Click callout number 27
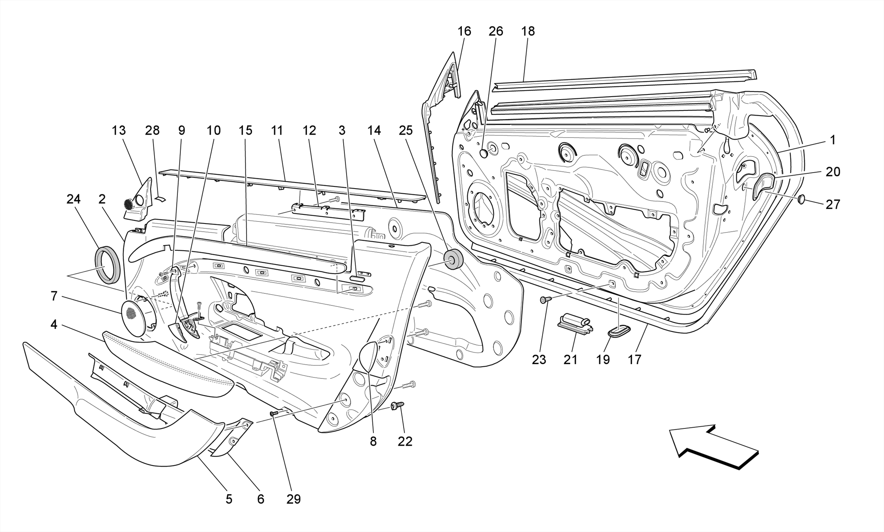(x=833, y=204)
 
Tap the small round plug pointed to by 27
(x=802, y=199)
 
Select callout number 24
(x=73, y=199)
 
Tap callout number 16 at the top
(x=464, y=31)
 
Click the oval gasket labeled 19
(x=619, y=331)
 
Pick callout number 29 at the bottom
(x=294, y=499)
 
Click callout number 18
(x=527, y=31)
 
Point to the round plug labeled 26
(x=484, y=153)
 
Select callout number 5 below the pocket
(x=229, y=499)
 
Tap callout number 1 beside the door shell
(x=833, y=140)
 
